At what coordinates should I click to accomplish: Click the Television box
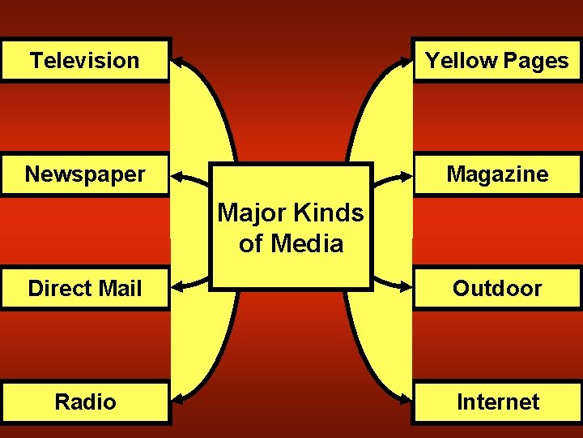85,60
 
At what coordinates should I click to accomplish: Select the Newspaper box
85,174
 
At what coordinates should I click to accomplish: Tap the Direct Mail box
85,288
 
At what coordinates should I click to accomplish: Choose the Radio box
85,401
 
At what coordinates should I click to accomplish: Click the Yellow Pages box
497,60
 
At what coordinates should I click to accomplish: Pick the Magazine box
497,174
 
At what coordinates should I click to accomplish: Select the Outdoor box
497,288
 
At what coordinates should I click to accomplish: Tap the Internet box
497,401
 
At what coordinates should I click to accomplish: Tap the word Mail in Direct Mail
119,288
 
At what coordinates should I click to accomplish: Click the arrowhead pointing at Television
177,60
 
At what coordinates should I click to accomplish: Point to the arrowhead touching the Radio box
177,398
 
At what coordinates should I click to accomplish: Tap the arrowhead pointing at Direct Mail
177,286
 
